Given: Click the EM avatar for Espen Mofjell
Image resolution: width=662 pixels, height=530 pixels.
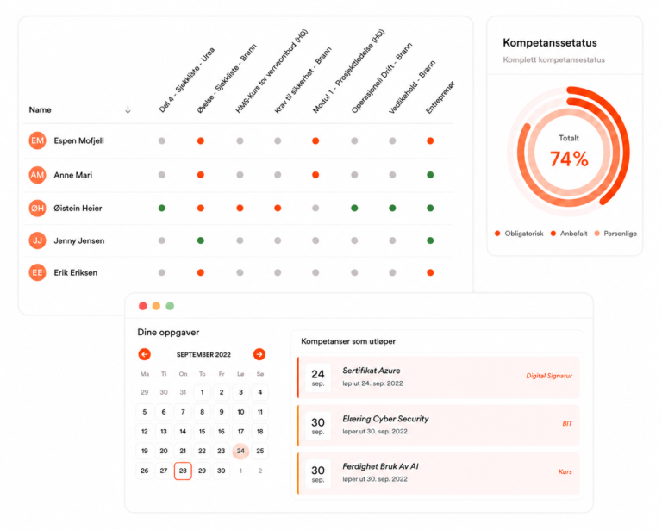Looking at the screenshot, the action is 37,140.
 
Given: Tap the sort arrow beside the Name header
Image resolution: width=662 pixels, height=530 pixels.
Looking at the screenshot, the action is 128,109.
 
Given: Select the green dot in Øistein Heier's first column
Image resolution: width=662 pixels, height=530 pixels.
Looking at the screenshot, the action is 162,208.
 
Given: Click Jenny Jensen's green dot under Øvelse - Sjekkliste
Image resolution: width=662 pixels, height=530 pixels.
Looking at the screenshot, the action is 201,240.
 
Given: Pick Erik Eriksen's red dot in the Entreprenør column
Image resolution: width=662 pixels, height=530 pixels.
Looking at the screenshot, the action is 430,272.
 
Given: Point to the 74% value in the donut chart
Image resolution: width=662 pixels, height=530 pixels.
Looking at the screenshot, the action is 569,159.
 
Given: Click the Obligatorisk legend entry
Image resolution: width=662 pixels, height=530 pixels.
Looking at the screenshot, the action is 519,234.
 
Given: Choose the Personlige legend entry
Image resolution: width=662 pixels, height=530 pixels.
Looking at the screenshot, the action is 615,234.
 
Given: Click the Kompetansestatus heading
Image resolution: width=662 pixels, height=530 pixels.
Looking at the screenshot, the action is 550,42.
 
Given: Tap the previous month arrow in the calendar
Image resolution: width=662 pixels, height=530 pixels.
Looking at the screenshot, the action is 145,354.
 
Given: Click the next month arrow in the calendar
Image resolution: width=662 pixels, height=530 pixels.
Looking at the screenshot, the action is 259,354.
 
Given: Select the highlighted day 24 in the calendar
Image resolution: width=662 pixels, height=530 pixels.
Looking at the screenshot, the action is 240,451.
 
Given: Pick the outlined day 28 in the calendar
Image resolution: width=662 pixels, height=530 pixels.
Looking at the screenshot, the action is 183,471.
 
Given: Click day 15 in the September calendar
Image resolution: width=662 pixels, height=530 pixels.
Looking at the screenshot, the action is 203,431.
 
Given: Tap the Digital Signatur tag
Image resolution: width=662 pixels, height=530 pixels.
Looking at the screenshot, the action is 549,376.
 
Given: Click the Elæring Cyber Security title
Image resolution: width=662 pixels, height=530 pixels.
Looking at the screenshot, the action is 385,419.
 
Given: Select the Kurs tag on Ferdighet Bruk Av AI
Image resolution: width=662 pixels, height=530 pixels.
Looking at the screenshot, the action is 565,471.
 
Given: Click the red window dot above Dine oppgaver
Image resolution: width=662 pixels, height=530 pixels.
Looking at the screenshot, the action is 143,306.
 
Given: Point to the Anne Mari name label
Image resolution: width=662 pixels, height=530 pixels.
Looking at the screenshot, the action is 73,175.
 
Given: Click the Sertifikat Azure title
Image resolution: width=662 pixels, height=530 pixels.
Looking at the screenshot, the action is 372,371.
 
